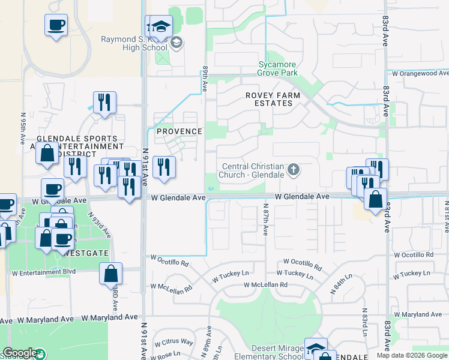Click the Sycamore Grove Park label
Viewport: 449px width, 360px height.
coord(277,68)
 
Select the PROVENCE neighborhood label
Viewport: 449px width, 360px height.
coord(179,131)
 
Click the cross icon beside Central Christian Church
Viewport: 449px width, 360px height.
coord(294,170)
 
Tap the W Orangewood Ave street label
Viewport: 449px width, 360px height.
coord(420,73)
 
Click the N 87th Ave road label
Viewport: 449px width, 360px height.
coord(265,221)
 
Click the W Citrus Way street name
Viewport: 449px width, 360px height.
coord(173,343)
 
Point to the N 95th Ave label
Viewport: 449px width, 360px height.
coord(23,125)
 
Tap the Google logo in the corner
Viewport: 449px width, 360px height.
coord(20,353)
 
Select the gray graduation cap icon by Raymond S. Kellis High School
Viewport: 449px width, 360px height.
coord(176,43)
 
